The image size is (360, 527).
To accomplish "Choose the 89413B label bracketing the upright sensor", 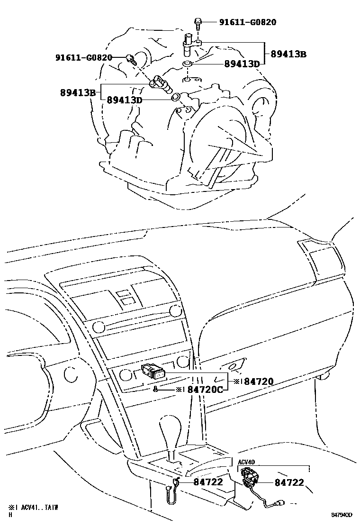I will pos(288,54).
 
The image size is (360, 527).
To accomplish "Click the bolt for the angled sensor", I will pos(130,59).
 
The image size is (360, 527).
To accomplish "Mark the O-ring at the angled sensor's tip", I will pos(175,97).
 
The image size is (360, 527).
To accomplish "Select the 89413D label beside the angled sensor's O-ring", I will pos(125,100).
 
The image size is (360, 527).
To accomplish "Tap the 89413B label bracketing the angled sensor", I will pos(78,92).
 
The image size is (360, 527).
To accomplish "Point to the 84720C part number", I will pos(205,390).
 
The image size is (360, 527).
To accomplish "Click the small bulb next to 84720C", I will pos(155,389).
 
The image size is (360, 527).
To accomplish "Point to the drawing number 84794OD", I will pos(342,514).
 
